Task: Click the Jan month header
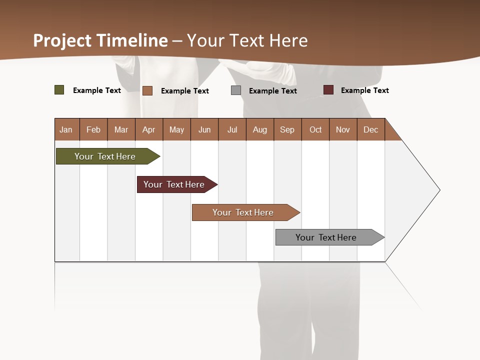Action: [x=66, y=129]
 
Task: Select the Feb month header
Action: [x=93, y=129]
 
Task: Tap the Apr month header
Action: [x=148, y=129]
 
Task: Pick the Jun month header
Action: [x=204, y=129]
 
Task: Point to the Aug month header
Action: [x=259, y=129]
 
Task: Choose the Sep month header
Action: [x=287, y=129]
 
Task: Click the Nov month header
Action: [x=342, y=129]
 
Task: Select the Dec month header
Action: [x=370, y=129]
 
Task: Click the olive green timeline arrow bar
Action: [x=105, y=156]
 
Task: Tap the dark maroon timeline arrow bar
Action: [x=174, y=184]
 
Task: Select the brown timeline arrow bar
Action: [x=243, y=212]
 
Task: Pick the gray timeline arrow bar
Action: [x=326, y=237]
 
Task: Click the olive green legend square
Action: [x=59, y=90]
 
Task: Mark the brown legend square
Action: [x=147, y=90]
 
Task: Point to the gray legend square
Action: [x=236, y=90]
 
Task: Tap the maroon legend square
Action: [x=328, y=90]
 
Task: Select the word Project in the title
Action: [x=62, y=40]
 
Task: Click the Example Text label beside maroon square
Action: [x=364, y=90]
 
